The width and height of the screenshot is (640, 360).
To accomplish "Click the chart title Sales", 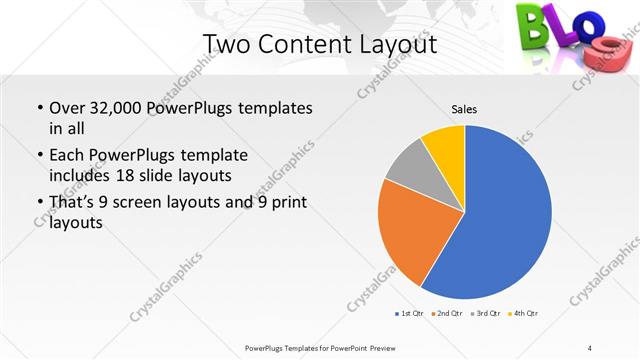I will coord(464,107).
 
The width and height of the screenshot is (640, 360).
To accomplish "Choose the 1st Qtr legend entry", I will coord(410,313).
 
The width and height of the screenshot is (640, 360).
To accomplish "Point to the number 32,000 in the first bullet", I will coord(118,107).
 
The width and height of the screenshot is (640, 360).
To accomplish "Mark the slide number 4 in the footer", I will coord(590,347).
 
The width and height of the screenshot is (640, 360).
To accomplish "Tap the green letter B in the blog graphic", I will coord(532,25).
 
